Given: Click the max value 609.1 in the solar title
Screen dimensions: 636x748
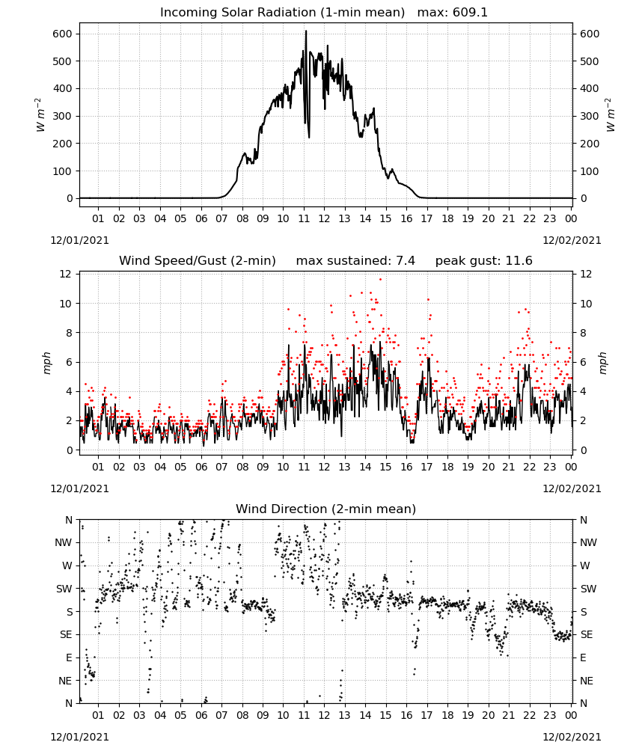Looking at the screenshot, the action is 470,13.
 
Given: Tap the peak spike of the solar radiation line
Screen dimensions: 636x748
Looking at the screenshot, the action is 306,31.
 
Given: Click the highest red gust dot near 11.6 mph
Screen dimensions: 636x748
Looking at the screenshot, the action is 380,279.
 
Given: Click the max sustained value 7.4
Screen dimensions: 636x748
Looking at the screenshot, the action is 405,261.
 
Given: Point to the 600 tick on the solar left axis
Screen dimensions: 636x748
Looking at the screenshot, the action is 63,34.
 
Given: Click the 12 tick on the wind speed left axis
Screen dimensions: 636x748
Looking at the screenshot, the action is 65,274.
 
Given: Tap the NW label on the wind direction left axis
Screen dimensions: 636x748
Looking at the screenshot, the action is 64,543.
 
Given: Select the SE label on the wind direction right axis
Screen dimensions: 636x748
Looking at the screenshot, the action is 587,635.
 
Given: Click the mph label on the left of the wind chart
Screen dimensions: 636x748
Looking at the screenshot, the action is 46,363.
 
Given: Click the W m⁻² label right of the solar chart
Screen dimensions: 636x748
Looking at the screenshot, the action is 611,115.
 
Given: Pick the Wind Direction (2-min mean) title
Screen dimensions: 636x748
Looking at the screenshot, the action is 326,509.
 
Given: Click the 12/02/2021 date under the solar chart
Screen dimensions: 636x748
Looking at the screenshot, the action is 572,240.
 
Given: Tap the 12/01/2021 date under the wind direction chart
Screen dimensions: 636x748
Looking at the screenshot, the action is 79,737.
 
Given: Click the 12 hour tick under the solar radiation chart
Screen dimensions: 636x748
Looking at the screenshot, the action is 324,218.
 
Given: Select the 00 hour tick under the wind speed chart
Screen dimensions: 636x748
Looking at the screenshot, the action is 571,467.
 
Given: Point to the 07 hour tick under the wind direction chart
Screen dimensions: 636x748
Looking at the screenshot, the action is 221,716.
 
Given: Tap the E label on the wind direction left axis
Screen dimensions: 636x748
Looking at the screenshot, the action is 69,657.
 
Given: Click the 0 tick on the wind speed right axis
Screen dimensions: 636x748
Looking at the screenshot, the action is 584,450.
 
